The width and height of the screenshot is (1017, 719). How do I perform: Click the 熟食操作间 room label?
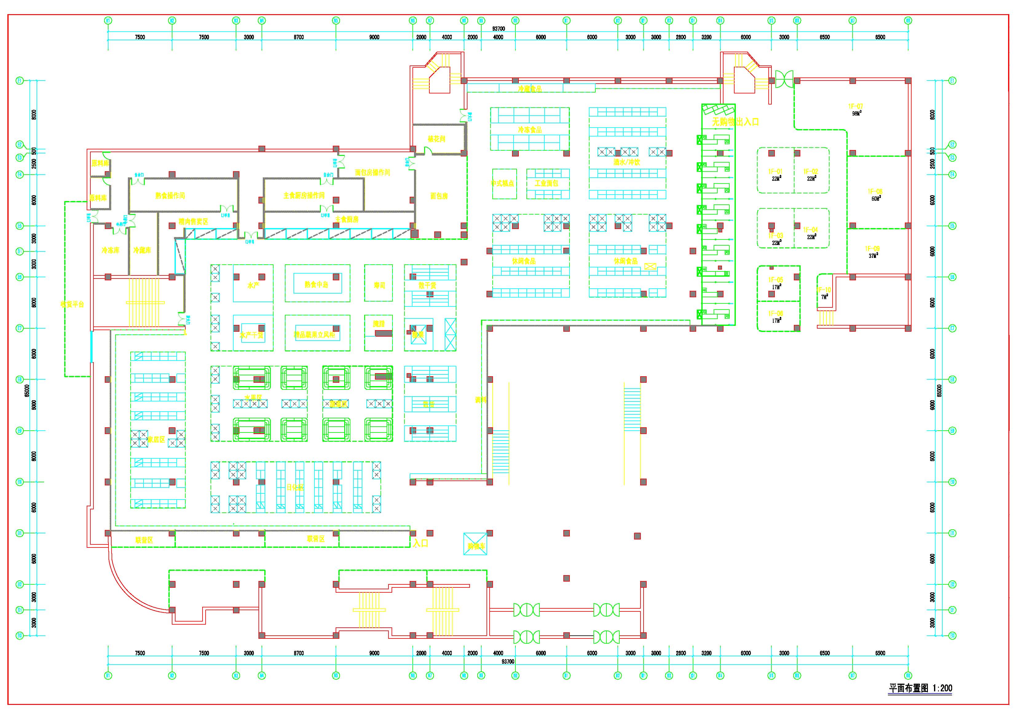(x=170, y=196)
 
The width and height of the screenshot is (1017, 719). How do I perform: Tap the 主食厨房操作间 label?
(x=304, y=196)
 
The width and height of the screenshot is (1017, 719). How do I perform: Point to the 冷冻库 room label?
(x=110, y=250)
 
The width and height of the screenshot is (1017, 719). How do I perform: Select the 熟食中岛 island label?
(x=316, y=284)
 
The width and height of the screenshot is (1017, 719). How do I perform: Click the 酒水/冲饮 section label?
(x=627, y=162)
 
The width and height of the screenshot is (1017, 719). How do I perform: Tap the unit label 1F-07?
(x=855, y=106)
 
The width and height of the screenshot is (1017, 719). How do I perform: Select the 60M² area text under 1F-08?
(x=876, y=199)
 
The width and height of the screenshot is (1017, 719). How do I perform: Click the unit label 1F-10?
(x=824, y=290)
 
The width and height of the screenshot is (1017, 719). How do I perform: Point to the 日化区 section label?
(x=295, y=487)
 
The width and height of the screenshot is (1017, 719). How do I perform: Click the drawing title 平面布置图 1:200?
(x=920, y=688)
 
